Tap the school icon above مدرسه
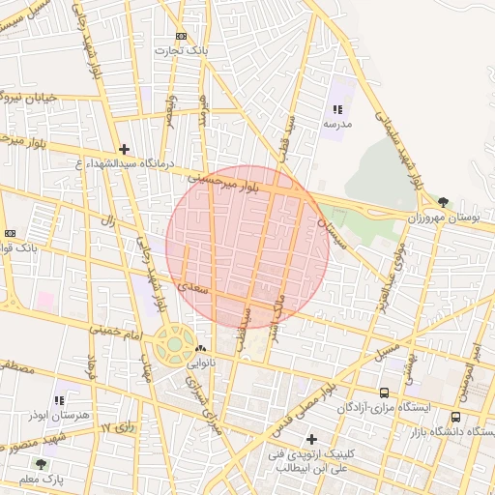337,110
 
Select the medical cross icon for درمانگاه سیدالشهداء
124,149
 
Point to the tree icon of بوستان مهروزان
443,202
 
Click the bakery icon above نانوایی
200,349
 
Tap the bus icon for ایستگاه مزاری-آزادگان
385,393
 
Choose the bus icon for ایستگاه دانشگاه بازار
455,418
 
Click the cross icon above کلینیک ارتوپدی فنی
311,439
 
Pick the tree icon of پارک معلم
41,464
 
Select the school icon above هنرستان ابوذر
60,398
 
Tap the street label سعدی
193,287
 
